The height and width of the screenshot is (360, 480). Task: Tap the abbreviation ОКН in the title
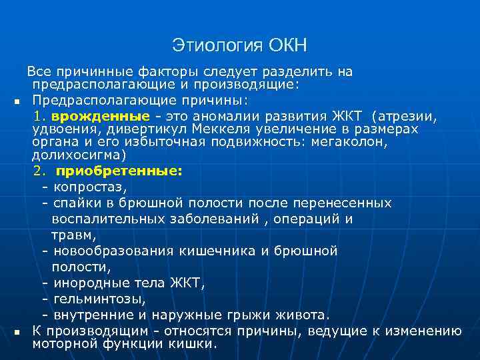click(288, 46)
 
